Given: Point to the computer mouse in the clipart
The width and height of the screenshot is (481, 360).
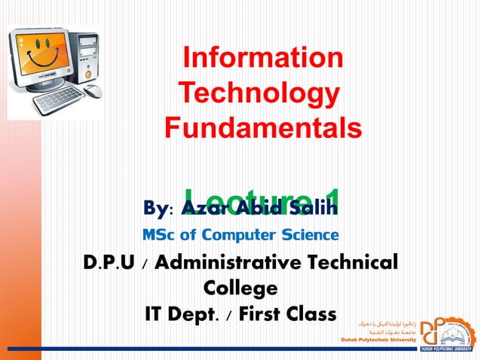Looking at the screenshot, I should pyautogui.click(x=93, y=91).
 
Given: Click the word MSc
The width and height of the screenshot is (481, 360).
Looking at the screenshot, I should pyautogui.click(x=161, y=234).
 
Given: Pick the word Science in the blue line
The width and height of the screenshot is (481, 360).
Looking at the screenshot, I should pyautogui.click(x=310, y=234).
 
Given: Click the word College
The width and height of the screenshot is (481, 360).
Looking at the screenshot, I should pyautogui.click(x=240, y=289).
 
